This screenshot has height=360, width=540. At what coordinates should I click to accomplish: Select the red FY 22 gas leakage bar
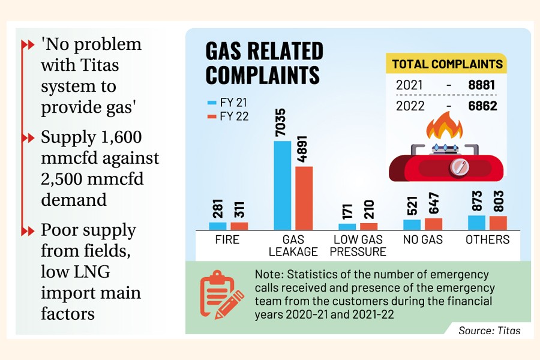coord(304,197)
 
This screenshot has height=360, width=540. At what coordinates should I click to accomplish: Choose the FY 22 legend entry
coord(227,116)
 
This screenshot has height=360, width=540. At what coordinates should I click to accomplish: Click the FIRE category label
coord(227,240)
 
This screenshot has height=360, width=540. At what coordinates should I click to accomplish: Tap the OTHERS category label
coord(488,240)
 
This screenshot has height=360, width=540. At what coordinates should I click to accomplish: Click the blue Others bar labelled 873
coord(476,222)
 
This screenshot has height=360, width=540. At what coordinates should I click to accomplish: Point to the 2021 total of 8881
coord(482,85)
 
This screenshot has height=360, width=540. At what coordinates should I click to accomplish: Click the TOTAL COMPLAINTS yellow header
coord(447,64)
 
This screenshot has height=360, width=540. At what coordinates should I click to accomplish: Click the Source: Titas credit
coord(489,330)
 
